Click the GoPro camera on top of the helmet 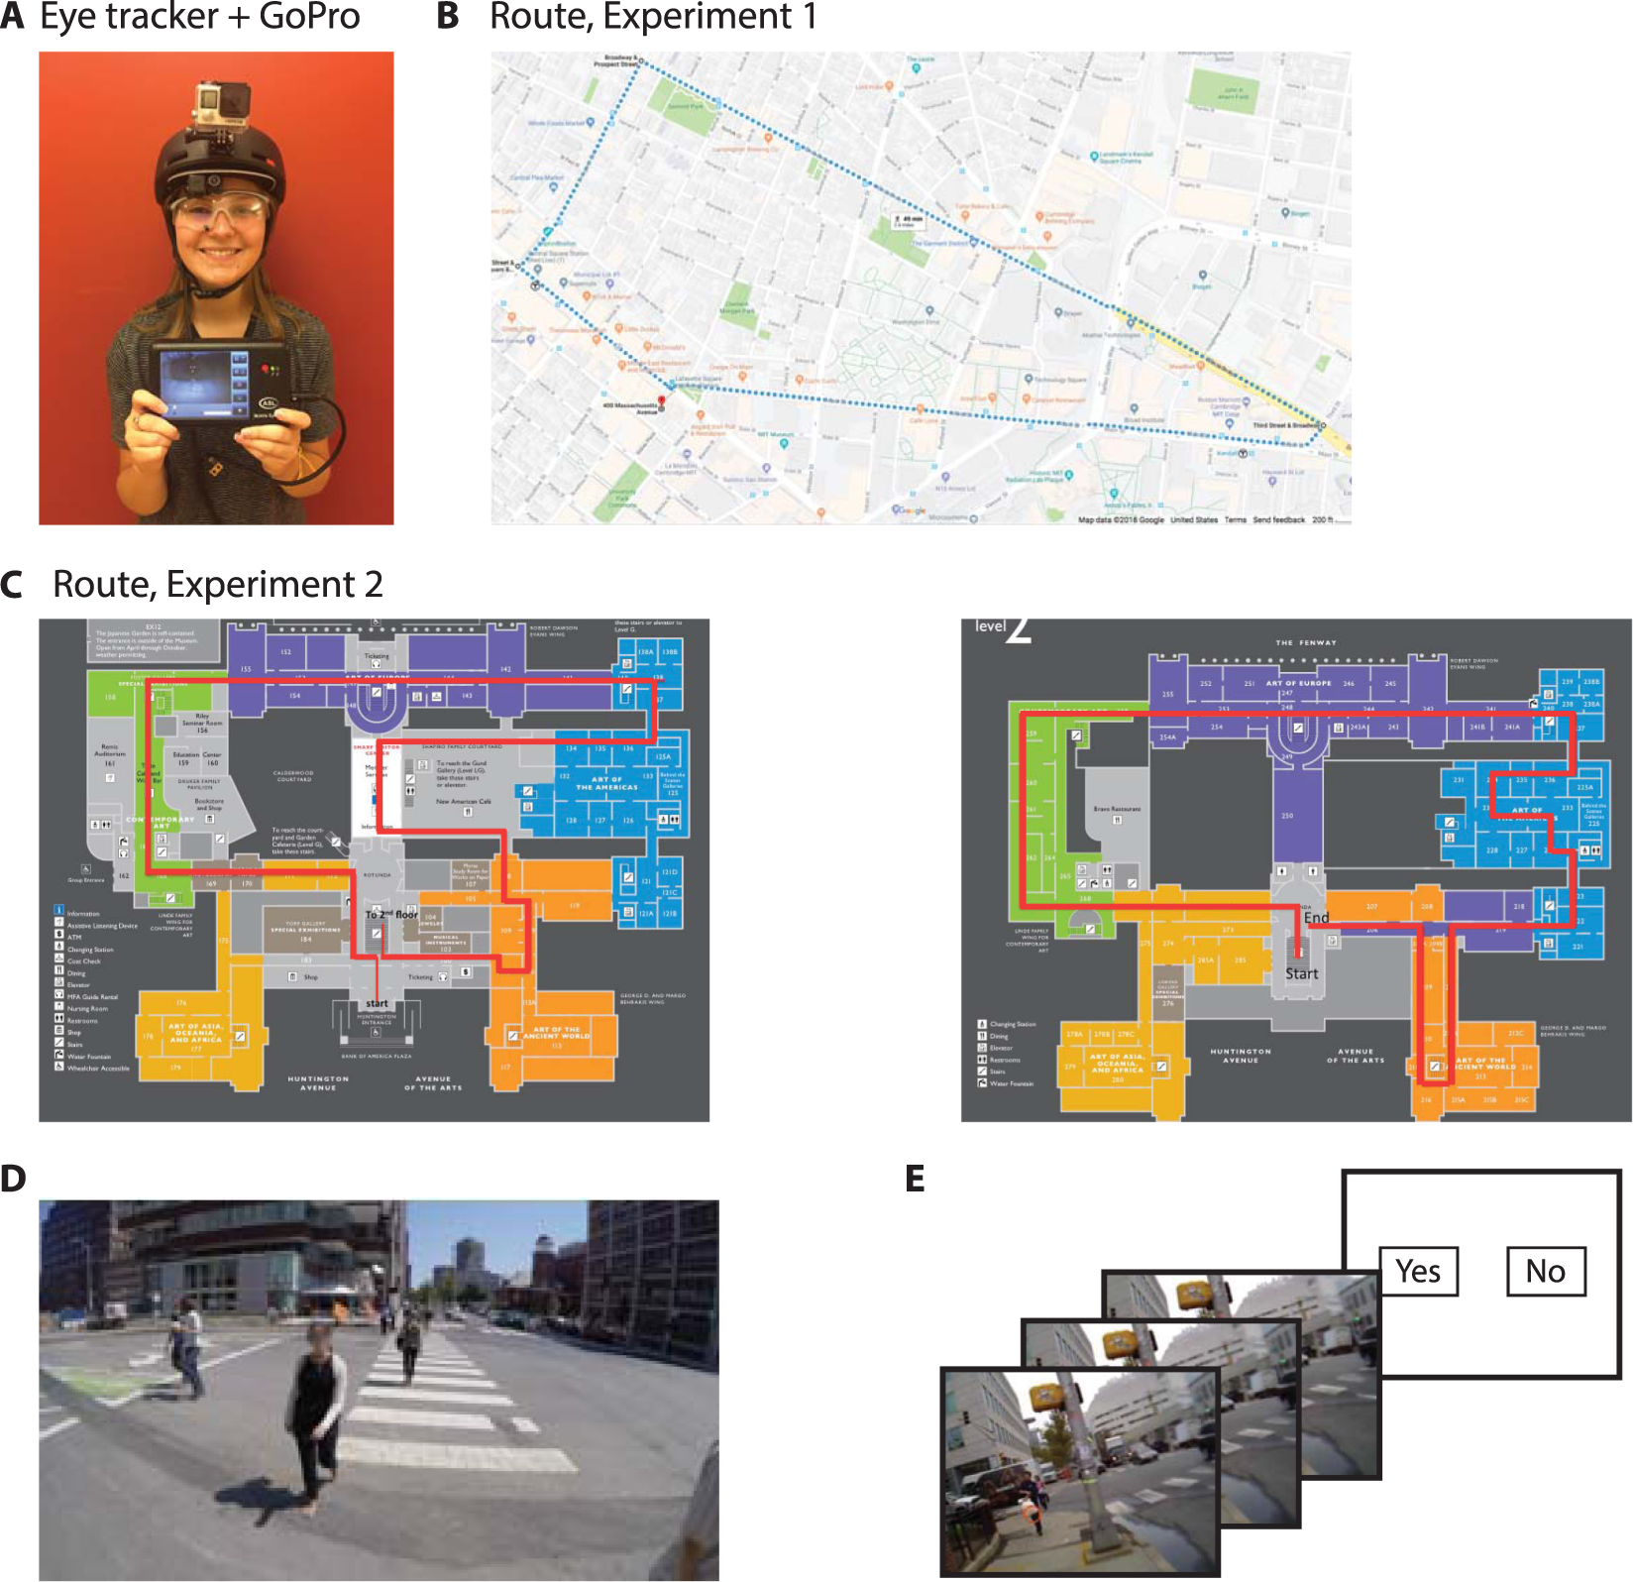coord(217,103)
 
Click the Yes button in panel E coord(1418,1272)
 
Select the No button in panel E coord(1545,1272)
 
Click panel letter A coord(13,17)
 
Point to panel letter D coord(13,1179)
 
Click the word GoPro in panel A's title coord(309,17)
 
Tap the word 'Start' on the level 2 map coord(1301,973)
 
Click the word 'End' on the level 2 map coord(1316,918)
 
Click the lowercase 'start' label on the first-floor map coord(377,1003)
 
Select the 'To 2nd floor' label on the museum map coord(391,914)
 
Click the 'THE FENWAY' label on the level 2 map coord(1305,642)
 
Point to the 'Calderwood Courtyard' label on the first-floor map coord(293,775)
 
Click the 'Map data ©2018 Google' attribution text coord(1121,519)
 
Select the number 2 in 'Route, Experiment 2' coord(373,585)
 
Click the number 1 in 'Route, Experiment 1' coord(809,17)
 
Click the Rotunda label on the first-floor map coord(377,875)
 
